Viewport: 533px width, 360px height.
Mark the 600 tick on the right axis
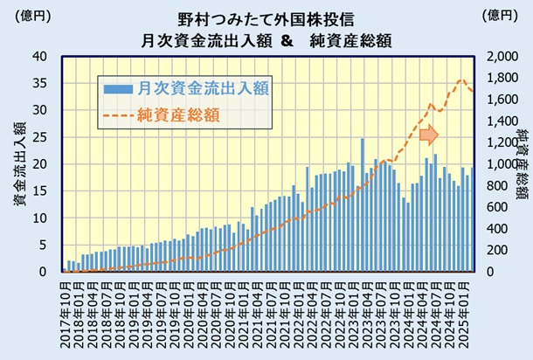(x=502, y=207)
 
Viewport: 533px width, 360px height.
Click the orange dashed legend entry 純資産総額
(x=178, y=114)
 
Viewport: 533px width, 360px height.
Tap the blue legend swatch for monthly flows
(x=116, y=88)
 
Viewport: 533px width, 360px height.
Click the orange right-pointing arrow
(x=427, y=135)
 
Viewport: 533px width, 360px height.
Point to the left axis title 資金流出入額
(x=18, y=166)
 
